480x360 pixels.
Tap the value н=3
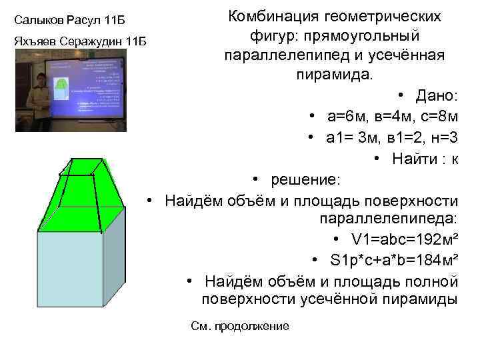pyautogui.click(x=441, y=137)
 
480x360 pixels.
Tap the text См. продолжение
pyautogui.click(x=240, y=325)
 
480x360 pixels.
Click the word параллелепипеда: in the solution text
pyautogui.click(x=389, y=219)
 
